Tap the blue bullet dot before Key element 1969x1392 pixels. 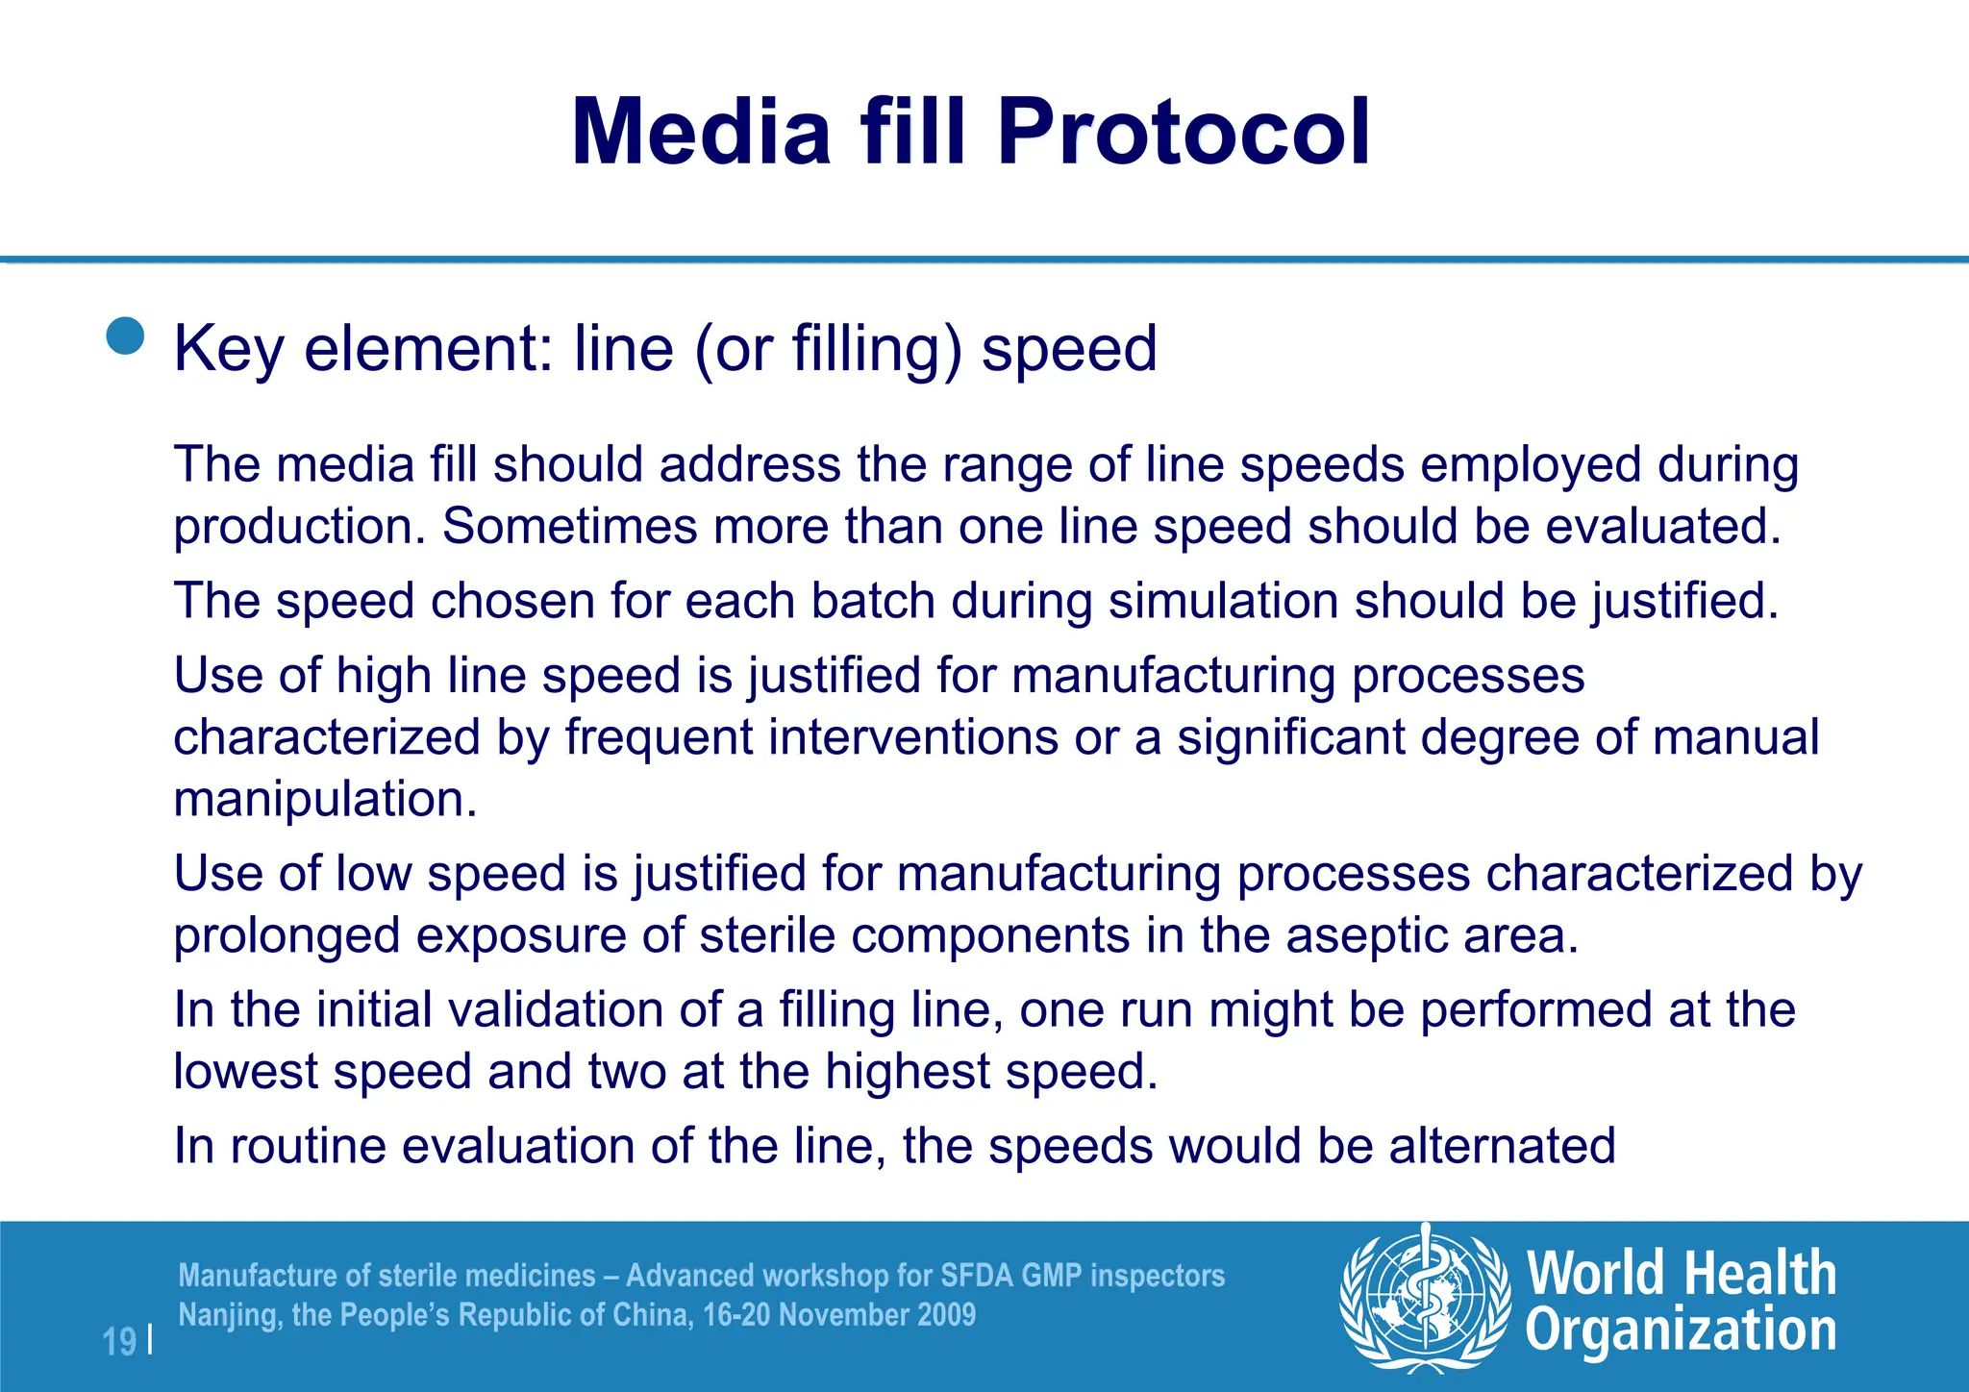coord(126,336)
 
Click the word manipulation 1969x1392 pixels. coord(325,799)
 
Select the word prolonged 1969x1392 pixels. coord(287,935)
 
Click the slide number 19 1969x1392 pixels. coord(119,1341)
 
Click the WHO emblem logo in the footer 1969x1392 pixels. coord(1424,1298)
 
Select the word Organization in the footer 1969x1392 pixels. coord(1681,1331)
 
